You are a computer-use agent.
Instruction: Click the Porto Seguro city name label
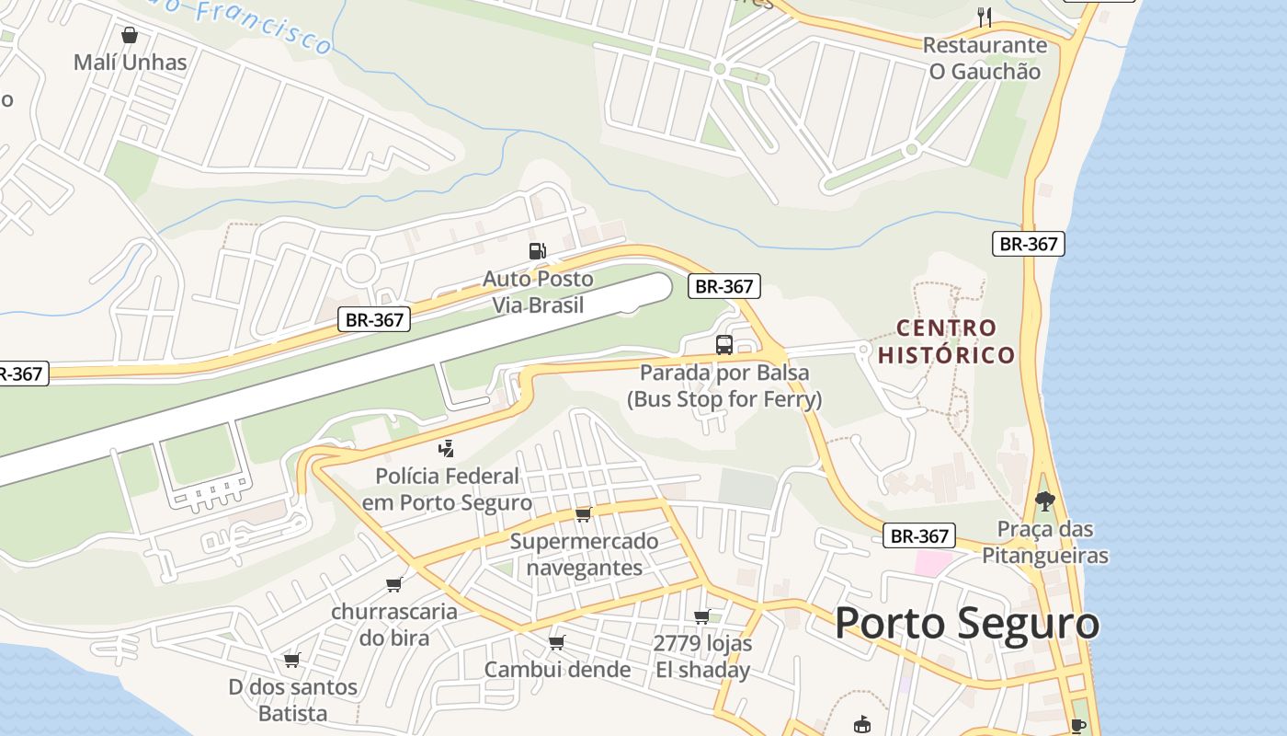point(966,624)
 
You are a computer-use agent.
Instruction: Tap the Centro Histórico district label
point(946,341)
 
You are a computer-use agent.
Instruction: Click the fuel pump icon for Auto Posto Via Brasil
point(537,250)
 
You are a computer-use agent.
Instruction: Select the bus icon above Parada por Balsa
point(724,345)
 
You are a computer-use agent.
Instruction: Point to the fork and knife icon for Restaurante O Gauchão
point(985,16)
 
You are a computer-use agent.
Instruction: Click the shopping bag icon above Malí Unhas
point(130,35)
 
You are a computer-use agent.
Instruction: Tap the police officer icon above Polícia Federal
point(447,449)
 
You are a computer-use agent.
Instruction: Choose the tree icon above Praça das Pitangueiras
point(1044,501)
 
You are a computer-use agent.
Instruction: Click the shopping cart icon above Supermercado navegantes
point(583,513)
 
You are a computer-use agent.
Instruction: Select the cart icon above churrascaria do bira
point(394,584)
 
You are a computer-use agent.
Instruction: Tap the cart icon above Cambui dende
point(556,641)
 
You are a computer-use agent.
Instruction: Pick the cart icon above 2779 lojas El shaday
point(702,615)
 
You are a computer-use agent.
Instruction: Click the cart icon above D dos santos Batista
point(292,659)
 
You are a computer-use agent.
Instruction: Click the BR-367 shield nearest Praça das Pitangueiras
point(918,535)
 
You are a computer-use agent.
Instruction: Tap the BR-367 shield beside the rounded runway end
point(724,286)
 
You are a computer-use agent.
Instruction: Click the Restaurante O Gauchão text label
point(985,58)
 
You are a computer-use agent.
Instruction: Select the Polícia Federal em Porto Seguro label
point(447,489)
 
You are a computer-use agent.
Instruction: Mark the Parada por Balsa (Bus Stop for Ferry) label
point(724,385)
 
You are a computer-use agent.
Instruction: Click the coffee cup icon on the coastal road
point(1077,726)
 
